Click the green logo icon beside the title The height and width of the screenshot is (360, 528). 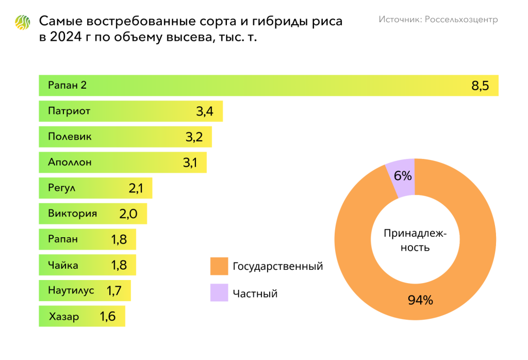[x=22, y=23]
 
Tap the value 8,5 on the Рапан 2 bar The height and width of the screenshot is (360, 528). [x=480, y=86]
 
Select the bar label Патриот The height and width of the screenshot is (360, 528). [x=69, y=111]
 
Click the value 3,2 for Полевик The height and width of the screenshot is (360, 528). [x=197, y=137]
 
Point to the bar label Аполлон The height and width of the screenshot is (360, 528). [x=70, y=162]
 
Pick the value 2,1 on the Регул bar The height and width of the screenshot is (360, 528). [x=136, y=188]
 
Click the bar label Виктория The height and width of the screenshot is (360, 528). [x=72, y=213]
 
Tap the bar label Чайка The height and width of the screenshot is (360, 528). [x=63, y=265]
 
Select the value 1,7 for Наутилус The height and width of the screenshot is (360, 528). [x=114, y=290]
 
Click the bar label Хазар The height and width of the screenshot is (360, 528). [x=64, y=316]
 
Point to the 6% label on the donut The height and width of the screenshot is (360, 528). [x=403, y=176]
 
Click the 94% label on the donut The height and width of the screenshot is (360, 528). [x=420, y=300]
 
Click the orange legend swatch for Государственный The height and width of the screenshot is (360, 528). [x=219, y=266]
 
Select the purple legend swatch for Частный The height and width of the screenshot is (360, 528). [x=219, y=293]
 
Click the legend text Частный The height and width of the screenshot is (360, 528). [x=255, y=293]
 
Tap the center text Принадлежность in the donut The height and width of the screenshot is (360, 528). [x=415, y=240]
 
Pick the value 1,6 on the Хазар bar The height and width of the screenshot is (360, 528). [x=108, y=316]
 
